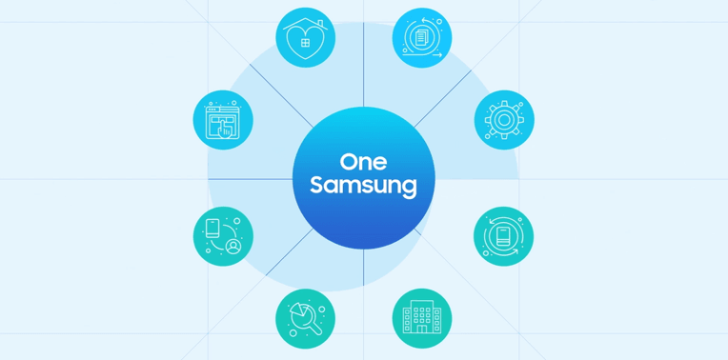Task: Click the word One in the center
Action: tap(364, 162)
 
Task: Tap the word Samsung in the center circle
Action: tap(364, 186)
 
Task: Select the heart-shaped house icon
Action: tap(306, 38)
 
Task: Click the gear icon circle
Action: tap(504, 120)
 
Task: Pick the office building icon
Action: tap(422, 318)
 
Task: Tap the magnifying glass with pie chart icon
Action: tap(306, 318)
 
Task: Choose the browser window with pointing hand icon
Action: tap(223, 120)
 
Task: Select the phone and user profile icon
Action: tap(223, 236)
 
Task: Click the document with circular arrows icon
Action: tap(422, 38)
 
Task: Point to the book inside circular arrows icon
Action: tap(504, 236)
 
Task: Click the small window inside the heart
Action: tap(306, 43)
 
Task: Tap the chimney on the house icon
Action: tap(320, 24)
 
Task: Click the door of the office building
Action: tap(422, 329)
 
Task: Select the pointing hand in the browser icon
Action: tap(225, 128)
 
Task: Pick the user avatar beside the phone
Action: tap(233, 246)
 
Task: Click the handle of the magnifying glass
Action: tap(315, 328)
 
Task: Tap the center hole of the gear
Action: tap(504, 120)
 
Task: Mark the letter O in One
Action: tap(348, 162)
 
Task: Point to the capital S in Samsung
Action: tap(316, 185)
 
